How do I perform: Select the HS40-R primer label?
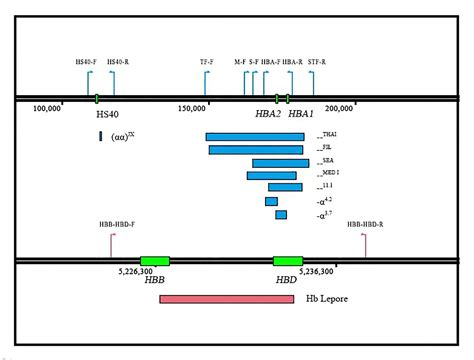pos(118,62)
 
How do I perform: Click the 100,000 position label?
pos(47,108)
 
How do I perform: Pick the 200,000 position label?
pos(339,108)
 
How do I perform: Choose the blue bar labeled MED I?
pos(274,176)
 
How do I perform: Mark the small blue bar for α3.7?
pos(281,214)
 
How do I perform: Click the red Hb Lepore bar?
pos(226,299)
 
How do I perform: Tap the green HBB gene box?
pos(155,261)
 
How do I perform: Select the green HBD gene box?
pos(287,261)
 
